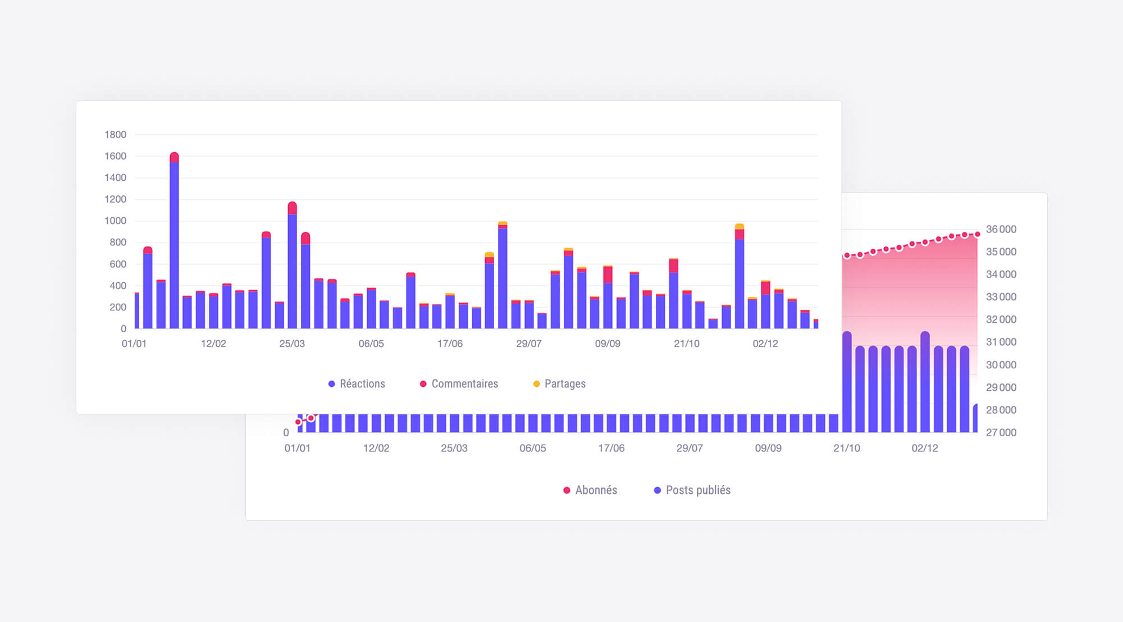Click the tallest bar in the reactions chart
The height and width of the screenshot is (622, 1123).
[174, 241]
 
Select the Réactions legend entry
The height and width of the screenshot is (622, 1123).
[357, 384]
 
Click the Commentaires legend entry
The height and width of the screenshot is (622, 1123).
[459, 384]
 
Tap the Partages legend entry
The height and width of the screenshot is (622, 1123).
[559, 384]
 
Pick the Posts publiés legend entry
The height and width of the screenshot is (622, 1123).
[692, 490]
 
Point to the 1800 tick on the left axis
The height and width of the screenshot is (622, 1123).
[115, 135]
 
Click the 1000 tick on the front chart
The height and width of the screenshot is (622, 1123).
[115, 221]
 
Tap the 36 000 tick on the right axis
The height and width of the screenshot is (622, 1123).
[1001, 229]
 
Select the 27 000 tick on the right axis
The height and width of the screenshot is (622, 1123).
[1001, 433]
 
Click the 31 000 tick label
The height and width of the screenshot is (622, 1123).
[1001, 342]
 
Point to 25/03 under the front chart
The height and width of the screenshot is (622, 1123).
[292, 344]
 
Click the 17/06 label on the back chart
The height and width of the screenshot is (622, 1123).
[611, 448]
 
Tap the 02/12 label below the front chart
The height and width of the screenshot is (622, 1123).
[765, 344]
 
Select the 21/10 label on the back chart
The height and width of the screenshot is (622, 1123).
[846, 448]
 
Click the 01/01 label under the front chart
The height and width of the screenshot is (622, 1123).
[134, 344]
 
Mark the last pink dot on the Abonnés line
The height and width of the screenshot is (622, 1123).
[978, 234]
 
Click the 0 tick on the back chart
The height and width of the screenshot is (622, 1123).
[286, 433]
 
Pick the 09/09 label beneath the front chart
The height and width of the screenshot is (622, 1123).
[608, 344]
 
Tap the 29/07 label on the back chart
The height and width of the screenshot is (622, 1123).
[690, 448]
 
